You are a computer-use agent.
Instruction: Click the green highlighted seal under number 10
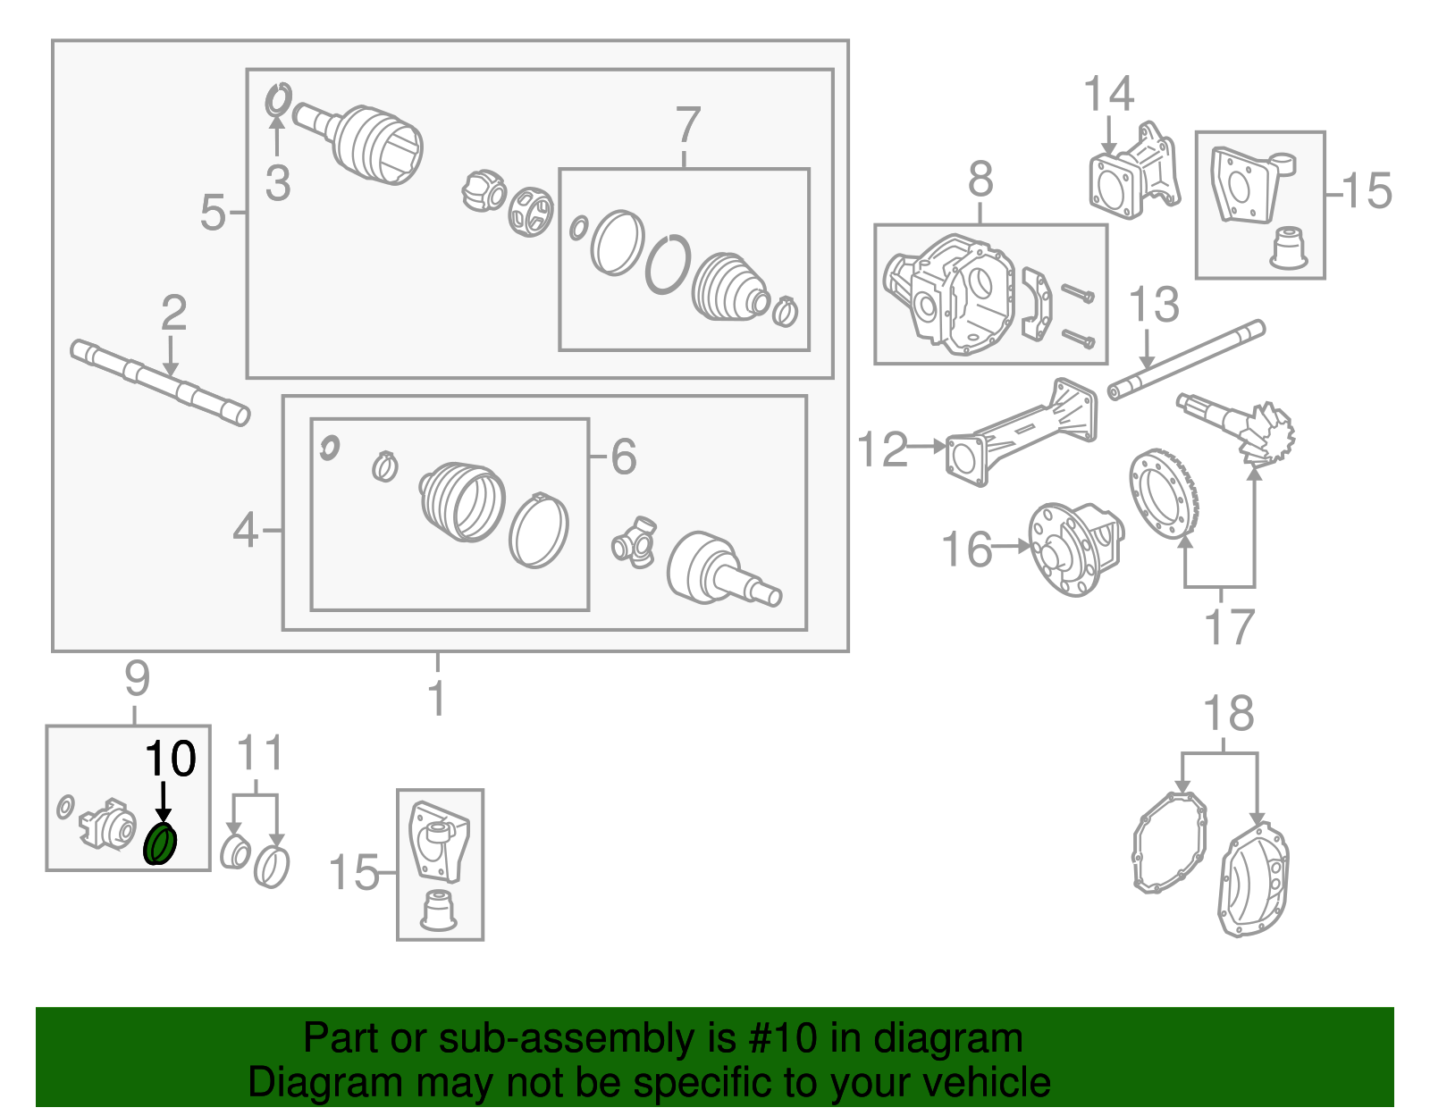coord(161,844)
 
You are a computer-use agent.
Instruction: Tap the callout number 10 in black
coord(170,759)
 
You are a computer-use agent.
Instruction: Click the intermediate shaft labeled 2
coord(161,382)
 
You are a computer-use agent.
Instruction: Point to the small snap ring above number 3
coord(279,98)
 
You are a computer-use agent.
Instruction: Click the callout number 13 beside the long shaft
coord(1154,306)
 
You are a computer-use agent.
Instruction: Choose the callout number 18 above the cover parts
coord(1228,714)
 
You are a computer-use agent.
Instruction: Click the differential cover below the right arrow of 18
coord(1255,880)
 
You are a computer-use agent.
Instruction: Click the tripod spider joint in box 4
coord(635,541)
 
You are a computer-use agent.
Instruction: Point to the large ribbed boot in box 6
coord(462,502)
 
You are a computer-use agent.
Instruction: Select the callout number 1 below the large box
coord(437,699)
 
